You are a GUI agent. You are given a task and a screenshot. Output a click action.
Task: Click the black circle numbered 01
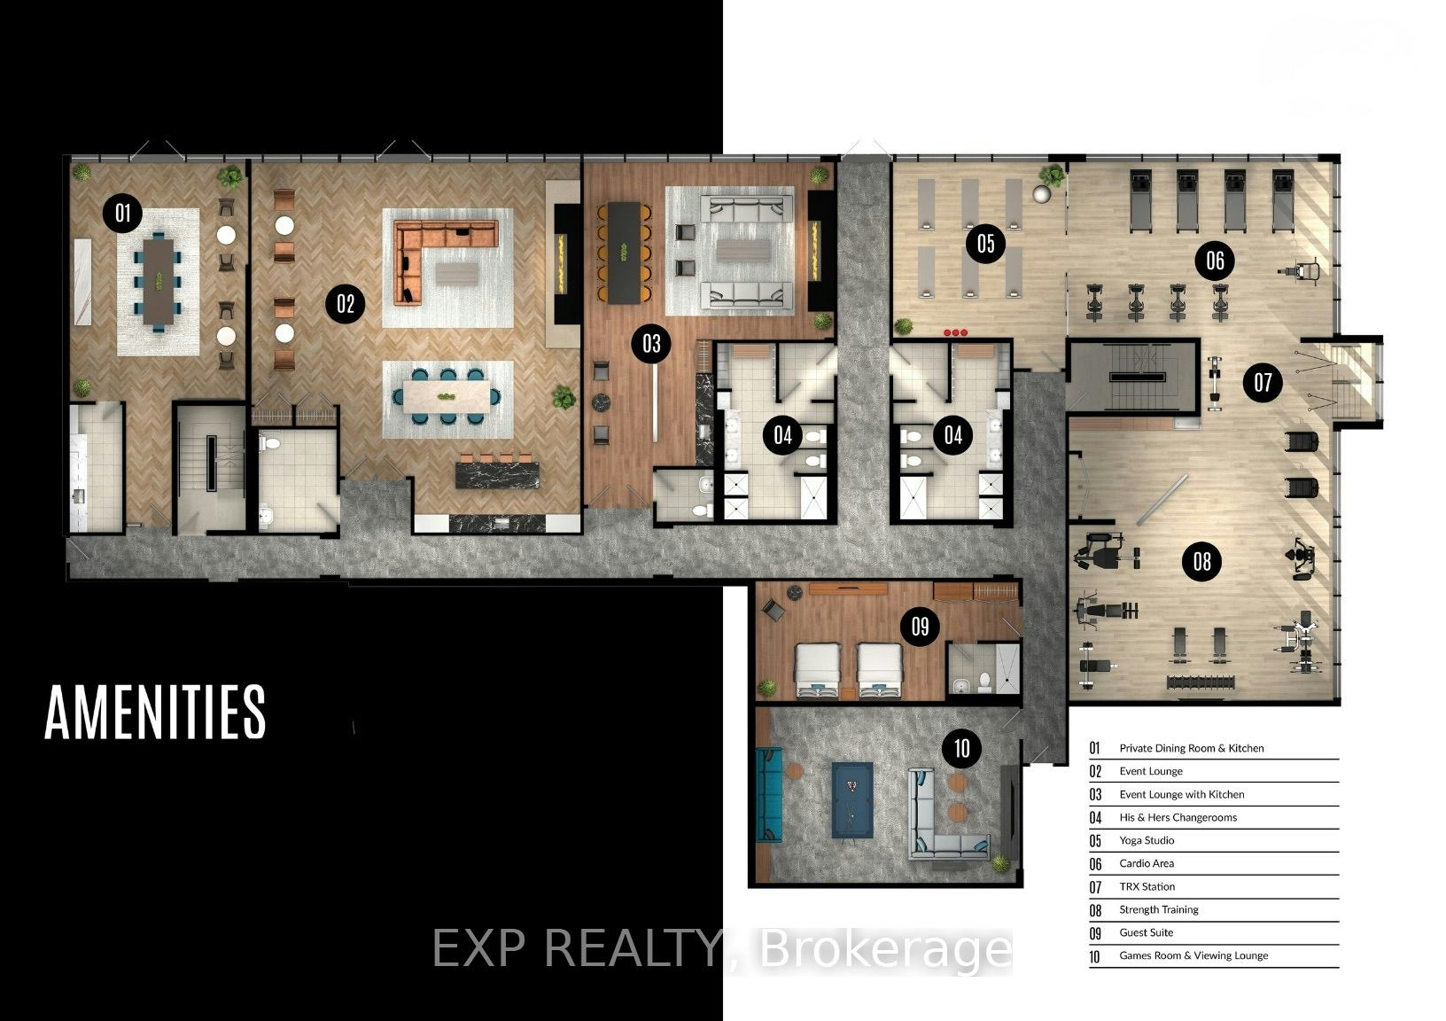click(x=122, y=213)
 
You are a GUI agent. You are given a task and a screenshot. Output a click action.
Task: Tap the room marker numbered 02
click(x=346, y=303)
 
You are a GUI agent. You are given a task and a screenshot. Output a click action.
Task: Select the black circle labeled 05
click(x=985, y=244)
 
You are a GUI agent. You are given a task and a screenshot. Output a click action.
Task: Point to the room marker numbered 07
click(x=1263, y=382)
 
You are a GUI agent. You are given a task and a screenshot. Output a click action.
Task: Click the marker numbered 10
click(x=962, y=748)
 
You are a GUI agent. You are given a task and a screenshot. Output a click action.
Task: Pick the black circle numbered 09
click(x=920, y=626)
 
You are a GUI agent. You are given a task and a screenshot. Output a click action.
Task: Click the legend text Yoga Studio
click(x=1147, y=840)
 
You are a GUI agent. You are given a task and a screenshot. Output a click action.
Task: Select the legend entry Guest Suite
click(x=1146, y=932)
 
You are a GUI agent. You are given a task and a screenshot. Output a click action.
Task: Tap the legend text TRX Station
click(x=1147, y=886)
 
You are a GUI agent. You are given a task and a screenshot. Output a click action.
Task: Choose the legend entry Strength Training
click(x=1159, y=910)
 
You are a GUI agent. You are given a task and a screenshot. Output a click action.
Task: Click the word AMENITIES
click(x=155, y=712)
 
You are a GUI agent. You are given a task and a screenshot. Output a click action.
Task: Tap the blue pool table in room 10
click(x=852, y=799)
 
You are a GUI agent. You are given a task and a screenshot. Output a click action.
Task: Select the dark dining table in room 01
click(x=158, y=282)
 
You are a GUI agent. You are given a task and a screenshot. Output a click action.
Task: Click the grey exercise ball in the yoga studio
click(x=1041, y=194)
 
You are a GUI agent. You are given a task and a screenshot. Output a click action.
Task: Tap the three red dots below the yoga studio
click(x=955, y=332)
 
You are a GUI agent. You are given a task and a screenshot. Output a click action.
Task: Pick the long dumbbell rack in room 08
click(x=1201, y=682)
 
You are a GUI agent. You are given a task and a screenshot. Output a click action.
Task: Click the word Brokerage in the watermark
click(x=885, y=948)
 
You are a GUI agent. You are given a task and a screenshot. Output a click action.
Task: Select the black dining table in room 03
click(x=623, y=253)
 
